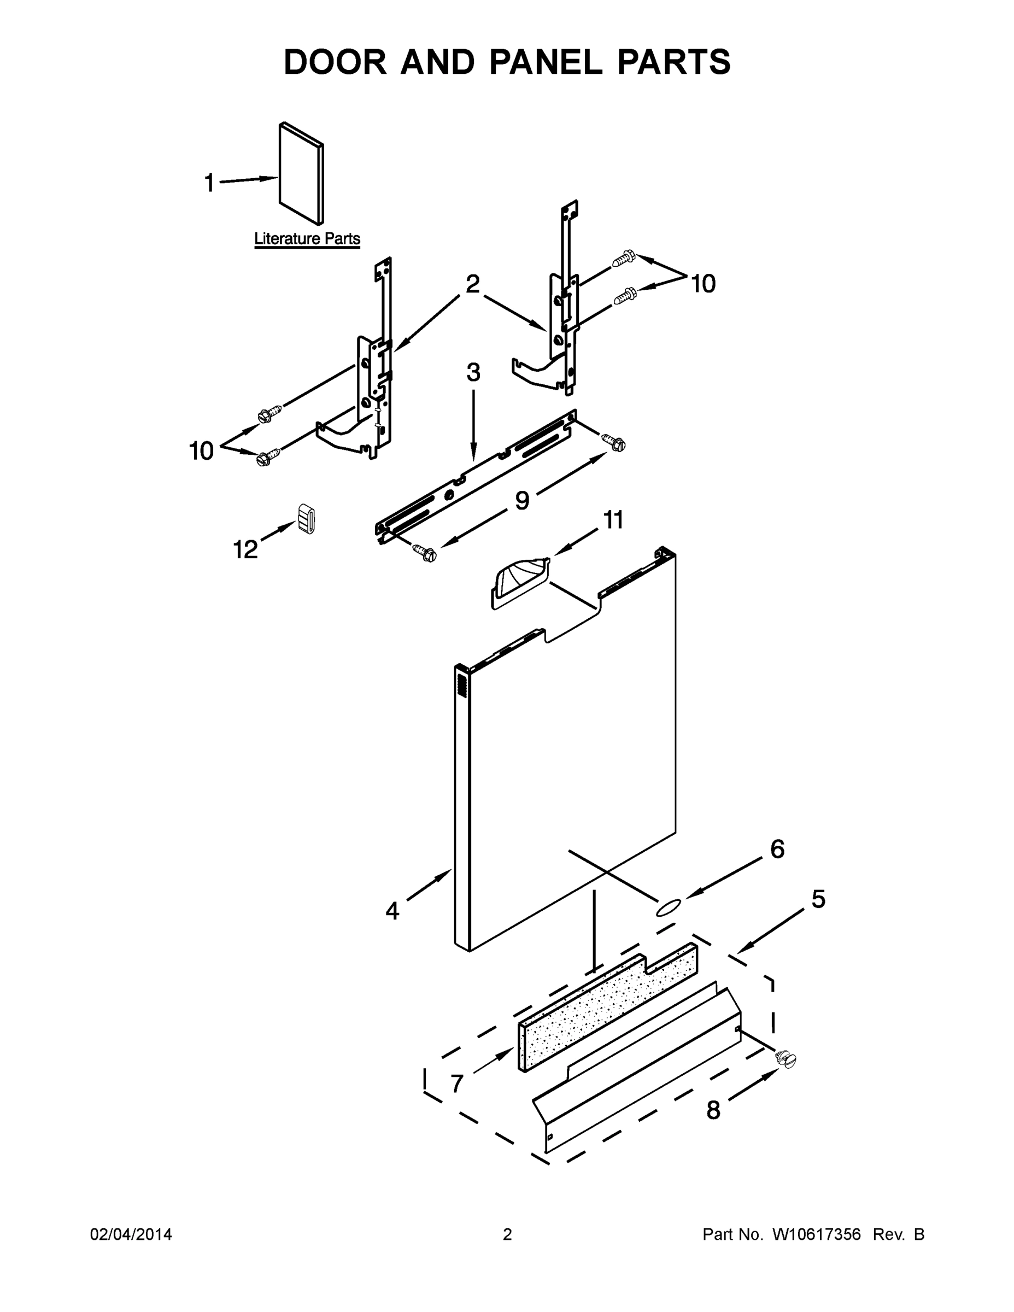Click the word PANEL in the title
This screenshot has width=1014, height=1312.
pos(546,62)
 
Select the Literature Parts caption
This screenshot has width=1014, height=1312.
pos(307,238)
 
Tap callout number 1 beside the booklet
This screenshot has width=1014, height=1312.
pos(209,183)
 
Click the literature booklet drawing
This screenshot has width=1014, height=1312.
pos(302,174)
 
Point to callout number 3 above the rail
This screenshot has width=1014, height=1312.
pos(473,373)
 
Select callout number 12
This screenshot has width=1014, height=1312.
pos(245,549)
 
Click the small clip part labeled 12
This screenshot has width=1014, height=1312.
pos(306,518)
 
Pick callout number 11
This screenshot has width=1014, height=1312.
pos(613,520)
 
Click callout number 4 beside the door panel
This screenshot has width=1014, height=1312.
pos(392,911)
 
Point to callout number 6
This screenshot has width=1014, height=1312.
pos(777,849)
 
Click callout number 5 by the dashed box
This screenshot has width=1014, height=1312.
pos(818,899)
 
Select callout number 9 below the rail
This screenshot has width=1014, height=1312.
pos(522,500)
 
